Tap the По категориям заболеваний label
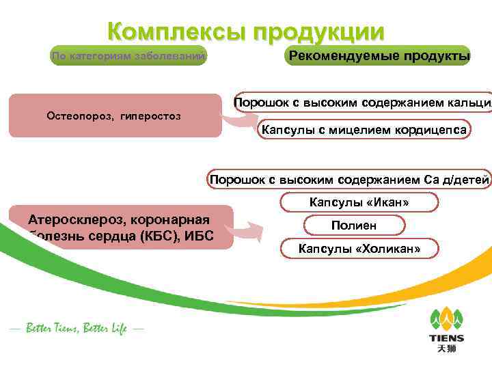(128, 56)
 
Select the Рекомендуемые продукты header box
(380, 55)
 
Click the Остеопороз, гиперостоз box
(114, 115)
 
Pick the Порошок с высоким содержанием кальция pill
(362, 103)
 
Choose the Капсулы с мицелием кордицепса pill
(364, 129)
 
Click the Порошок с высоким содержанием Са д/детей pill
(350, 180)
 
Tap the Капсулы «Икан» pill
(359, 202)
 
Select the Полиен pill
(354, 225)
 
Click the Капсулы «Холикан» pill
(359, 249)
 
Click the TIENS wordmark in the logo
(446, 338)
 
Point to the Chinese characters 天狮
(446, 349)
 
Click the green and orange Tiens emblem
(446, 318)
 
